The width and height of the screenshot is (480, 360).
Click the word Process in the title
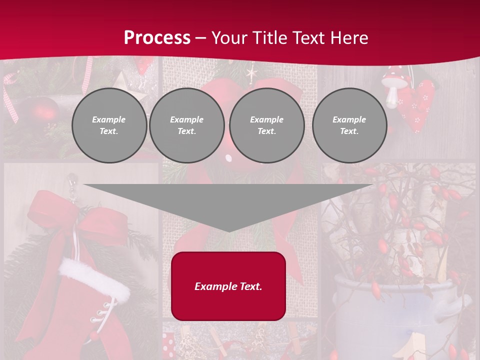[x=157, y=37]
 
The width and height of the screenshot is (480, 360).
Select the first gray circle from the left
[x=109, y=125]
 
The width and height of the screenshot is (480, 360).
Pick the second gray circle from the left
[x=186, y=125]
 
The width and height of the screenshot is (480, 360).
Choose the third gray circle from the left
[x=266, y=125]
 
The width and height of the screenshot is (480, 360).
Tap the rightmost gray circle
[x=349, y=125]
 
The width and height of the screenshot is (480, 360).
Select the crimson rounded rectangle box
[x=228, y=286]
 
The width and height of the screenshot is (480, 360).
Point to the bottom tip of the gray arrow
[x=228, y=230]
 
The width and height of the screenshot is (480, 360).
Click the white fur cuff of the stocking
[x=94, y=279]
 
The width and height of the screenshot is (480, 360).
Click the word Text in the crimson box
[x=250, y=286]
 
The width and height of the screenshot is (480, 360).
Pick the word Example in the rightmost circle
[x=349, y=119]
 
